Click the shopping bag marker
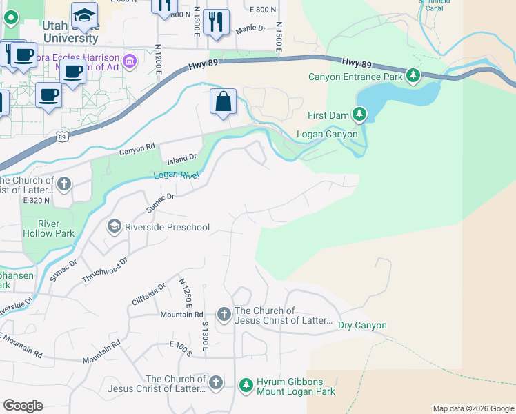224,102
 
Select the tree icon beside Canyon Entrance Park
413,75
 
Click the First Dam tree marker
359,113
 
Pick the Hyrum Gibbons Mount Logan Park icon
246,385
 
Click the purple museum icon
130,63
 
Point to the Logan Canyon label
327,134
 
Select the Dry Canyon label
362,325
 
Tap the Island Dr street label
183,157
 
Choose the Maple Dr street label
250,29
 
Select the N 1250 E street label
184,295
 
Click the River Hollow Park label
48,228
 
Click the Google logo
23,406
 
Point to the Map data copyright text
473,408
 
